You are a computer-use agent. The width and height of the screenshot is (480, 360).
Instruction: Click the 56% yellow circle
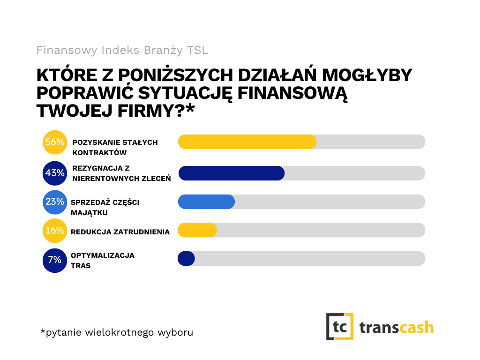tap(55, 142)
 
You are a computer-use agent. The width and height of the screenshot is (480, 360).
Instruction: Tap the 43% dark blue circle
tap(55, 173)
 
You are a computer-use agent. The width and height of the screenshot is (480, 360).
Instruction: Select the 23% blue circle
tap(55, 202)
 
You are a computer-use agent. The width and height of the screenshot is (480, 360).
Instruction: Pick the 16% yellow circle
tap(55, 231)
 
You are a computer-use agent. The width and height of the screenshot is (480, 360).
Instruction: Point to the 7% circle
tap(55, 260)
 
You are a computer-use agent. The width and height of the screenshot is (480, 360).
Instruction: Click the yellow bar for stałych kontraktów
tap(247, 142)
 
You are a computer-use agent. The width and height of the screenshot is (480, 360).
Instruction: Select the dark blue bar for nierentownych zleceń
tap(232, 173)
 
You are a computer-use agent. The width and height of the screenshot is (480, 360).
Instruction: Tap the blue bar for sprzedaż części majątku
tap(206, 202)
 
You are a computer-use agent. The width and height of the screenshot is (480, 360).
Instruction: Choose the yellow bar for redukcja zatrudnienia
tap(197, 230)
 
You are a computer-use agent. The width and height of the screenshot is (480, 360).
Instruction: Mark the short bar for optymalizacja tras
tap(186, 258)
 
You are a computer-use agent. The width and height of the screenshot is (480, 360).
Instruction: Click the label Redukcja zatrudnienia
tap(120, 231)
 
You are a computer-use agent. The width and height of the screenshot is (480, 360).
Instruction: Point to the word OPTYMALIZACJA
tap(102, 255)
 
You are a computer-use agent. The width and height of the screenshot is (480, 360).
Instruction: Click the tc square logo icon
tap(340, 326)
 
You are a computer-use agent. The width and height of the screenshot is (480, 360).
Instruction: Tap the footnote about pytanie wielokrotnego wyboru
tap(116, 332)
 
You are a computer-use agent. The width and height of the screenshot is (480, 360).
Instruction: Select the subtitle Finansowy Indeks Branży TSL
tap(122, 50)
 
